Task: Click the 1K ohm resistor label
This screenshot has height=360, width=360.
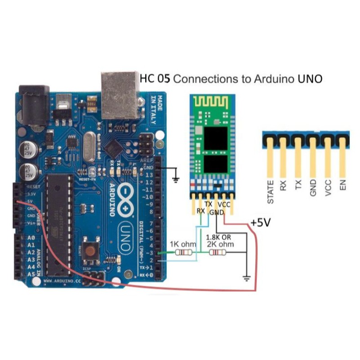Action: click(182, 244)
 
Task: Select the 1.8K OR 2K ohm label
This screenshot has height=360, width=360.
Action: click(220, 240)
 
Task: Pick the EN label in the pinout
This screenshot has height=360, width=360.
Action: click(343, 185)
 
